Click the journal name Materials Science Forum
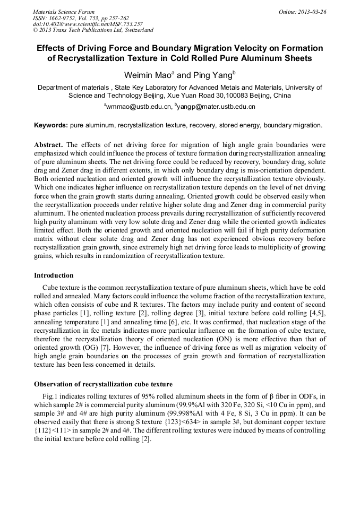tap(64, 12)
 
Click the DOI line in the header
tap(88, 24)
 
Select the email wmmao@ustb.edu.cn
tap(139, 107)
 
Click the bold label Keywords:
tap(51, 125)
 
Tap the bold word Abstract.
tap(48, 144)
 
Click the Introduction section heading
tap(54, 275)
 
